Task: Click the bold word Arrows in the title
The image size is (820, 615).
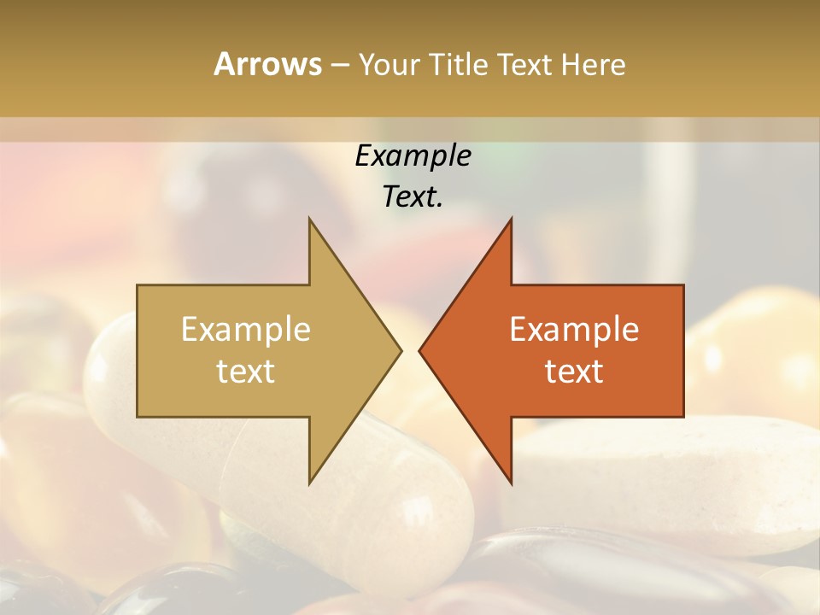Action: coord(266,64)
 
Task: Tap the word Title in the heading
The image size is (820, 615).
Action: coord(457,65)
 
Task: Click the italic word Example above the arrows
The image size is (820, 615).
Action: coord(413,155)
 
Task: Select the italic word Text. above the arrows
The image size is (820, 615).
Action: coord(413,196)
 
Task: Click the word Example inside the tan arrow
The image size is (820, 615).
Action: coord(246,330)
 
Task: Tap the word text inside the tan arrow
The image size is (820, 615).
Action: coord(246,371)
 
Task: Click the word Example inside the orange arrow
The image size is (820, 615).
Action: coord(574,330)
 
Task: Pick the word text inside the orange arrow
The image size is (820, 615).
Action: coord(574,371)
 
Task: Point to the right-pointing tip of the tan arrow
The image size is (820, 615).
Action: coord(400,350)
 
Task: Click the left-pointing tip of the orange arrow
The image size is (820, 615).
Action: coord(420,350)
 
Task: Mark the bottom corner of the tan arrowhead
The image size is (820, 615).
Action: coord(310,482)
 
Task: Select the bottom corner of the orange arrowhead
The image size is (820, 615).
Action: coord(511,482)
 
